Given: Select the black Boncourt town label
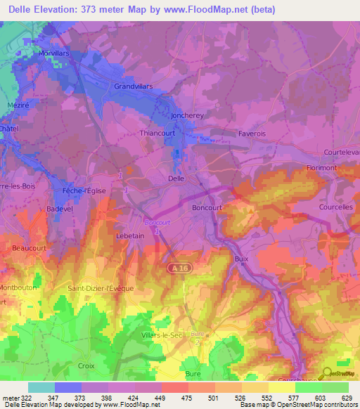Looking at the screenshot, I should (x=207, y=208).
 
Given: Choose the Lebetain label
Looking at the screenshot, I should (x=129, y=236).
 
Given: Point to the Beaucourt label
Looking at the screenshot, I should (x=28, y=248).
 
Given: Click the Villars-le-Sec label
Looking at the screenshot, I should (x=162, y=335).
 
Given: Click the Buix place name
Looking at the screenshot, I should (x=241, y=259).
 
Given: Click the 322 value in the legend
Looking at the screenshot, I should (x=26, y=398).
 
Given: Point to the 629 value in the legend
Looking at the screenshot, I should (x=346, y=398).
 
